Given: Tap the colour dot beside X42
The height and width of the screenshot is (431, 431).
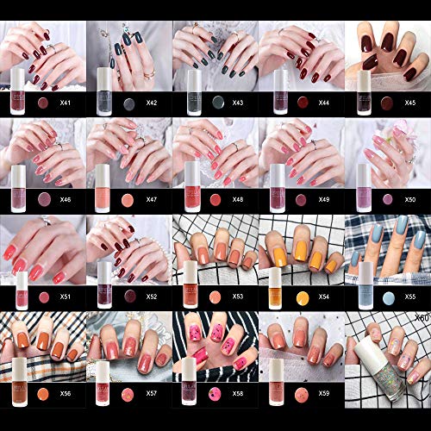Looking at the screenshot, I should pyautogui.click(x=128, y=103).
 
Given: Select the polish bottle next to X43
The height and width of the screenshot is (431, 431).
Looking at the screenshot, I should pyautogui.click(x=191, y=90).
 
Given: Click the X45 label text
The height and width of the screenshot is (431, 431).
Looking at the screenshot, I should pyautogui.click(x=411, y=103).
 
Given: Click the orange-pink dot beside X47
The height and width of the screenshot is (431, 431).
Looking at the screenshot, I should pyautogui.click(x=128, y=199).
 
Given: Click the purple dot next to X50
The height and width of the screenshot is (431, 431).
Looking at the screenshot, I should pyautogui.click(x=387, y=199).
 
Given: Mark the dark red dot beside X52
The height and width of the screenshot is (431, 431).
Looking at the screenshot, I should pyautogui.click(x=128, y=297).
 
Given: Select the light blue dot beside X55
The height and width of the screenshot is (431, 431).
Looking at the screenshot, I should pyautogui.click(x=387, y=297).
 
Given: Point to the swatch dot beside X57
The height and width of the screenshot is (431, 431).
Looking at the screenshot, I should pyautogui.click(x=128, y=394).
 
